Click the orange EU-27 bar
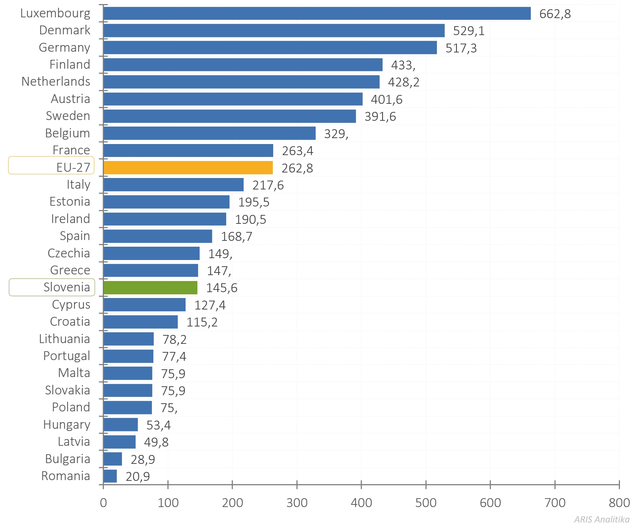click(x=188, y=168)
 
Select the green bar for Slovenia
click(x=150, y=288)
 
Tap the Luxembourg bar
click(x=317, y=13)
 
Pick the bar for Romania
click(x=110, y=476)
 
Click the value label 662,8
click(x=555, y=14)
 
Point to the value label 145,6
click(x=221, y=288)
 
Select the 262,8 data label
click(x=297, y=168)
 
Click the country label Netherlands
click(x=56, y=82)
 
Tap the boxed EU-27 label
click(x=51, y=166)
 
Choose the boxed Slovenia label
click(x=52, y=287)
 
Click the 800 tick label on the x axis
click(x=619, y=503)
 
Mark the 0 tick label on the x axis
click(x=104, y=503)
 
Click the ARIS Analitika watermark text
click(x=601, y=519)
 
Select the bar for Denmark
click(x=274, y=31)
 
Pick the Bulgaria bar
click(x=113, y=459)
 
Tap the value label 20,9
click(x=138, y=477)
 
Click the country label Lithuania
click(x=64, y=339)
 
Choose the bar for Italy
click(x=173, y=185)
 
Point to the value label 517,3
click(x=461, y=48)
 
